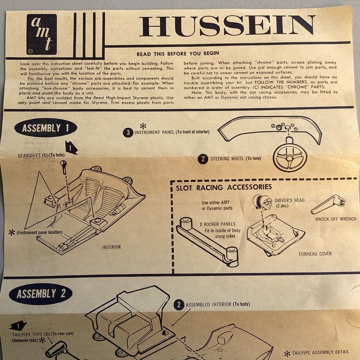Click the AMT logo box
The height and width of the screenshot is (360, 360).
point(41,35)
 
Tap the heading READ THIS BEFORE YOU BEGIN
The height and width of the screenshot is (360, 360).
point(178,54)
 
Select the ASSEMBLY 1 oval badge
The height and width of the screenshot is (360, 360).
point(45,128)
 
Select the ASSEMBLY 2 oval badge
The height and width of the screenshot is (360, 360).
point(40,294)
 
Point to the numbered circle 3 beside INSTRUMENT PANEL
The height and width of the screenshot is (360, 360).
point(128,133)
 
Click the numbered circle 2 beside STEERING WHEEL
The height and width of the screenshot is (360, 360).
point(203,159)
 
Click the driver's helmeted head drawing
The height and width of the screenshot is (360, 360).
point(261,202)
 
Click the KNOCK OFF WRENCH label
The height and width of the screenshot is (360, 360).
point(336,219)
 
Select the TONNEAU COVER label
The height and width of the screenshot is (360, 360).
point(315,254)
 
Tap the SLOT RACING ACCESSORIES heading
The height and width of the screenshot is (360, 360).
point(224,187)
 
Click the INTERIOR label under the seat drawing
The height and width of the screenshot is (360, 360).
point(111,247)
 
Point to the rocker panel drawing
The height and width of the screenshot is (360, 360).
point(208,242)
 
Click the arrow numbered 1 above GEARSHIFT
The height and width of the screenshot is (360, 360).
point(71,148)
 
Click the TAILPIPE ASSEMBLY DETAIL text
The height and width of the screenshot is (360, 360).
point(320,352)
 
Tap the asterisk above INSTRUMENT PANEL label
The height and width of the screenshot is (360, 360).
point(143,126)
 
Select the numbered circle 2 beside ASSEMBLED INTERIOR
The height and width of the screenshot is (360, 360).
point(179,305)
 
